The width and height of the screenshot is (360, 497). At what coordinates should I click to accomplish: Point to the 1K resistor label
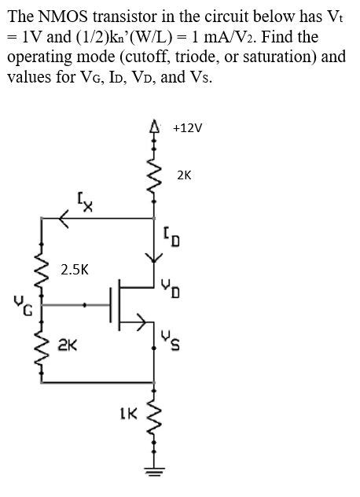pyautogui.click(x=127, y=412)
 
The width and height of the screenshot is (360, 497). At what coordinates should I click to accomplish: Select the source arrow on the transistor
pyautogui.click(x=142, y=320)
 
